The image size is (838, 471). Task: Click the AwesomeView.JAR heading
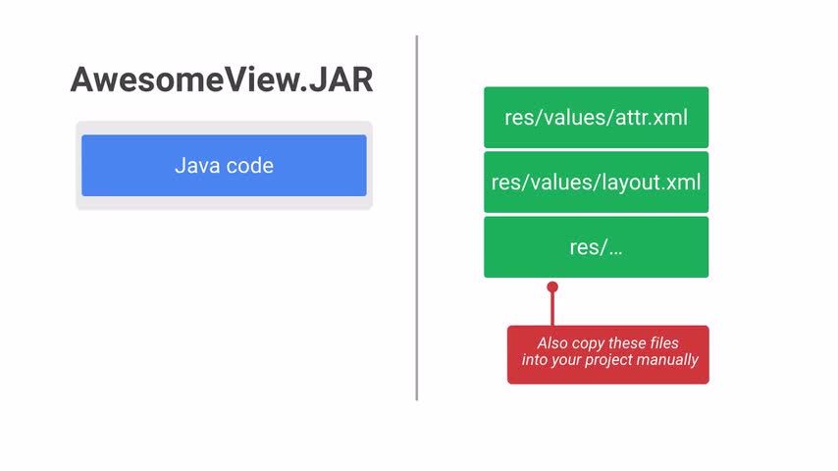[222, 79]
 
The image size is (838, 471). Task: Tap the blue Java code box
[224, 165]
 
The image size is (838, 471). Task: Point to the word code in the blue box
[250, 166]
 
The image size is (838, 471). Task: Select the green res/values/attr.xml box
[597, 117]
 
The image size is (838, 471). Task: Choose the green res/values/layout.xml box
[597, 182]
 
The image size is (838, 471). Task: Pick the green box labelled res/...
[597, 247]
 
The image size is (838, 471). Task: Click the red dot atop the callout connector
[552, 288]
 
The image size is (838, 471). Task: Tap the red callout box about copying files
[608, 354]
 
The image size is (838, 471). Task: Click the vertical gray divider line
[417, 218]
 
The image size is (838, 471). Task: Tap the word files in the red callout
[665, 342]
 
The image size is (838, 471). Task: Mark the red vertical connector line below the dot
[552, 309]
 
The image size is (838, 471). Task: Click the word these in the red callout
[627, 342]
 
